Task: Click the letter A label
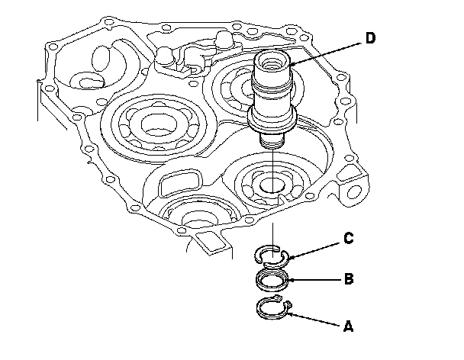348,326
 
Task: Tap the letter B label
348,279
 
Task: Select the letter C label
348,238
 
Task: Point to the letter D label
371,38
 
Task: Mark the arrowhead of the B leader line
285,280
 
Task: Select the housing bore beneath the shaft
270,185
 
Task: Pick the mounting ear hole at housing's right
354,188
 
